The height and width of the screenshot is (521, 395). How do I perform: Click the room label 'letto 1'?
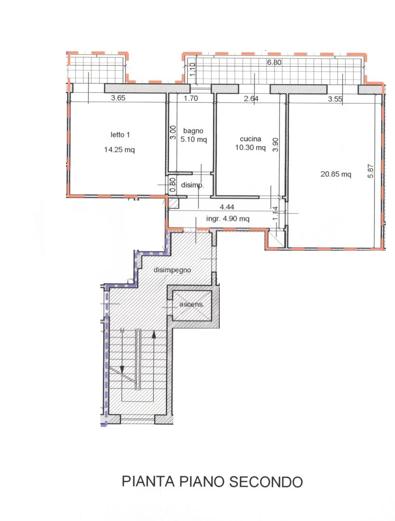pyautogui.click(x=120, y=135)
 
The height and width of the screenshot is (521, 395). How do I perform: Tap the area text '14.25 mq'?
pyautogui.click(x=119, y=149)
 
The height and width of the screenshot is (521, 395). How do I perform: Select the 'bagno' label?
pyautogui.click(x=193, y=131)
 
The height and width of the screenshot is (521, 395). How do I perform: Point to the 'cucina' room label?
pyautogui.click(x=250, y=138)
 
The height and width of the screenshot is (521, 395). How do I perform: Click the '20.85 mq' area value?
pyautogui.click(x=335, y=174)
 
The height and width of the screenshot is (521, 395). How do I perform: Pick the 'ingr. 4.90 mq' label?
pyautogui.click(x=227, y=219)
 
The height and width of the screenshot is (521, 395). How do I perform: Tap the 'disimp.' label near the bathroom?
pyautogui.click(x=192, y=185)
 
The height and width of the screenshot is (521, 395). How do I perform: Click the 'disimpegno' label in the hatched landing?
pyautogui.click(x=172, y=270)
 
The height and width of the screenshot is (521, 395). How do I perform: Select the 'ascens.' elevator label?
pyautogui.click(x=192, y=304)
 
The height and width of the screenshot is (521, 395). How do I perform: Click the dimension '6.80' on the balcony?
pyautogui.click(x=275, y=62)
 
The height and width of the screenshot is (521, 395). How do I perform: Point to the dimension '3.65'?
pyautogui.click(x=118, y=98)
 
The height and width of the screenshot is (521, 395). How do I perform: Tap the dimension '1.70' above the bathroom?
pyautogui.click(x=191, y=98)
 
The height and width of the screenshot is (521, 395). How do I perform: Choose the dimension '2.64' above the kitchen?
pyautogui.click(x=251, y=98)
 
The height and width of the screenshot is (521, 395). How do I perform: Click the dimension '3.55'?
pyautogui.click(x=335, y=99)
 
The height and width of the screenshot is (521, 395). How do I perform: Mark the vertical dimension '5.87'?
pyautogui.click(x=371, y=171)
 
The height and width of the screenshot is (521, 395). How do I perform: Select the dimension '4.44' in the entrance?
pyautogui.click(x=227, y=207)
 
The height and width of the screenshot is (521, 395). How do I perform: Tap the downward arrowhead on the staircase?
pyautogui.click(x=122, y=370)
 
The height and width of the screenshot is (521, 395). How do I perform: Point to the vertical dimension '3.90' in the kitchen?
pyautogui.click(x=276, y=145)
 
